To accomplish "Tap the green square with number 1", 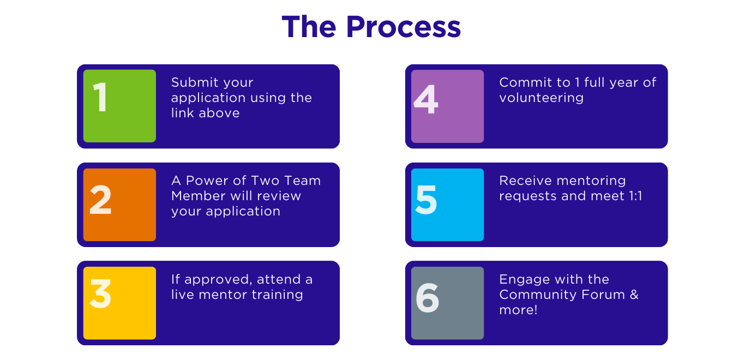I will tap(119, 106).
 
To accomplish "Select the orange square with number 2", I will tap(119, 205).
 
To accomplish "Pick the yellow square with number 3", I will tap(119, 303).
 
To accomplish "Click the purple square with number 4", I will tap(447, 106).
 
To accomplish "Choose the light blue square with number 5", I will tap(447, 205).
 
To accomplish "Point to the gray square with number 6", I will tap(447, 303).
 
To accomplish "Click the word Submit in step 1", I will tap(191, 83).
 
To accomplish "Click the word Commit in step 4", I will tap(521, 82).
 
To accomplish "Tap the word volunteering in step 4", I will tap(541, 98).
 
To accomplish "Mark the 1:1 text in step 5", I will tap(632, 196).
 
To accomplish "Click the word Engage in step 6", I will tap(521, 280).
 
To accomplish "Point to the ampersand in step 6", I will tap(634, 295).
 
